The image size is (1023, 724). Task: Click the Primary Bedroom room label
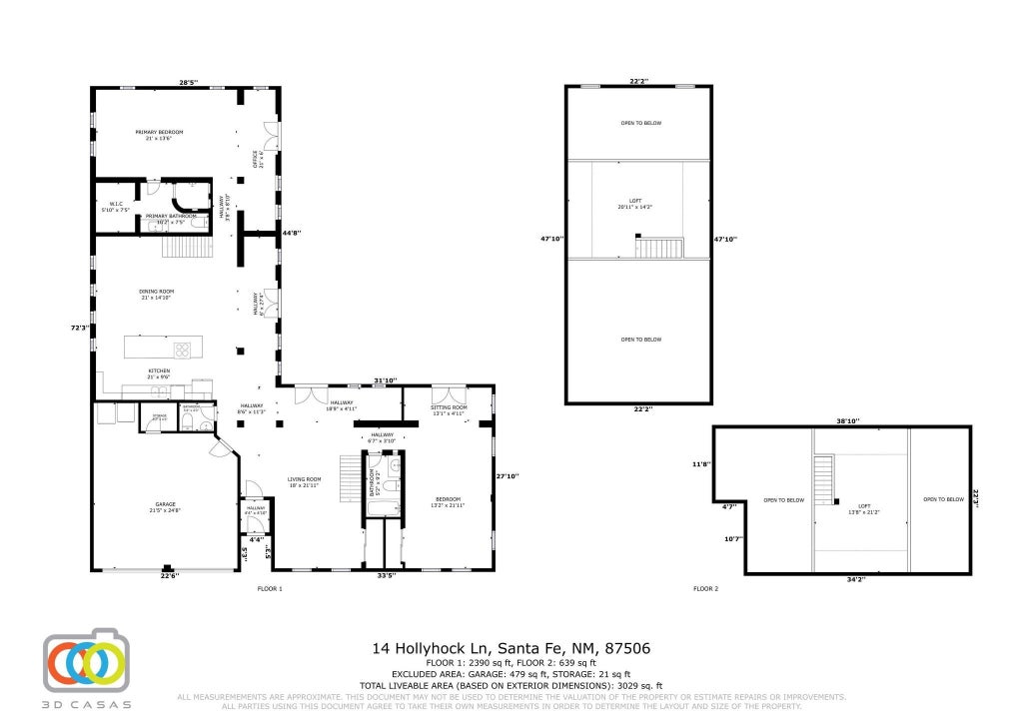(160, 135)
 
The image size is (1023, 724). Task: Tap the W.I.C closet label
(109, 208)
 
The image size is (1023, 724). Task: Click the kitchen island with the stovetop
(164, 348)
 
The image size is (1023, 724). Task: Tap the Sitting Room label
(449, 408)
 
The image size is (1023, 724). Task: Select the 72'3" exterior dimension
(80, 328)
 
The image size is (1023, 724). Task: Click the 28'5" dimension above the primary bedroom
(188, 82)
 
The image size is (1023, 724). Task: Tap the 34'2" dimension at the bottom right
(855, 579)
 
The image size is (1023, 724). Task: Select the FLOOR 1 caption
(270, 589)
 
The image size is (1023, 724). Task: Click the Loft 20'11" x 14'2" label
(635, 203)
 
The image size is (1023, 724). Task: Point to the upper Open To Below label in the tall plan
(640, 123)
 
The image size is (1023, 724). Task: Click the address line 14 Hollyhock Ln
(511, 648)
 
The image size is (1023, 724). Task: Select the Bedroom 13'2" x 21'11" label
(449, 502)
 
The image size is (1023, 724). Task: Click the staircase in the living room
(349, 478)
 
